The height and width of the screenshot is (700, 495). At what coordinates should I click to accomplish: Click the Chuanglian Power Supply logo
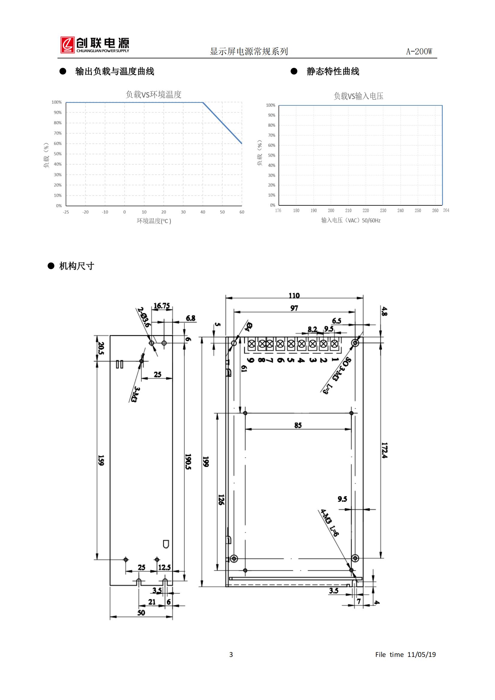95,45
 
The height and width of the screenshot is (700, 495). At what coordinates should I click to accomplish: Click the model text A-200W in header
419,51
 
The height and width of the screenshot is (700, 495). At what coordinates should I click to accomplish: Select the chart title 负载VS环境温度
154,95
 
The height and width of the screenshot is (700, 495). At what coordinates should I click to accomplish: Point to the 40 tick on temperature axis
203,212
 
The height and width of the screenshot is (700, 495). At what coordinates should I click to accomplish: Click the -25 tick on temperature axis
66,212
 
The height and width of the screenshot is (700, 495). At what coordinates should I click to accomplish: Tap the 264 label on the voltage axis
446,210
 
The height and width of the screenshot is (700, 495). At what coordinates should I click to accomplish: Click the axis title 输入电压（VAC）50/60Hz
350,220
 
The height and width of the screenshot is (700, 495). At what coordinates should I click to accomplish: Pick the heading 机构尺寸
77,266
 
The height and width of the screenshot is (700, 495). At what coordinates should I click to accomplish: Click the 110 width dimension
294,296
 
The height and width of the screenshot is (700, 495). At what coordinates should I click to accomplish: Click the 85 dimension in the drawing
298,425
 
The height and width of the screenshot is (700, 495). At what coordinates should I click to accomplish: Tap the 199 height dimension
206,462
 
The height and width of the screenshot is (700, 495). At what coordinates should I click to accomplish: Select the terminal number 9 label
251,360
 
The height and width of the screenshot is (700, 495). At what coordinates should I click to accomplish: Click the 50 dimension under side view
141,613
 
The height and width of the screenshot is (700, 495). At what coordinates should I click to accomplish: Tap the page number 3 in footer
231,654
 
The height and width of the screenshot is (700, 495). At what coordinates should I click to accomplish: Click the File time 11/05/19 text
406,654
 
